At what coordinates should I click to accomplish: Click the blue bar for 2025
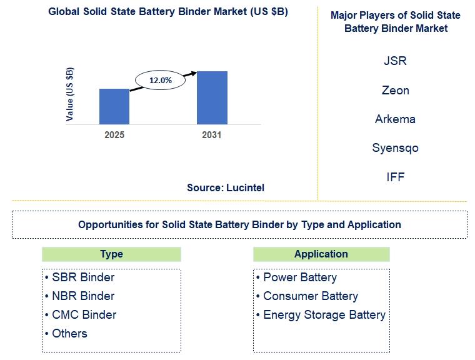114,106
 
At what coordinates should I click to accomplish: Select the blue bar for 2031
212,97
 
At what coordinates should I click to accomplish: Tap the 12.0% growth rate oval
160,80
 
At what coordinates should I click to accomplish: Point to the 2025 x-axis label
114,135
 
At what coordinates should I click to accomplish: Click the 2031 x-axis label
212,135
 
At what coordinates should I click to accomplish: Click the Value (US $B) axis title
69,94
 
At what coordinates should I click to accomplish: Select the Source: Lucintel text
226,187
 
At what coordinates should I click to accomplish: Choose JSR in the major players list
395,61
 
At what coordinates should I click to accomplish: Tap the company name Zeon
396,90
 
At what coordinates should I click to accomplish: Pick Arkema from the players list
395,119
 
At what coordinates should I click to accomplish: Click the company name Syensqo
396,148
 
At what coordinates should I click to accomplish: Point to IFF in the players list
396,177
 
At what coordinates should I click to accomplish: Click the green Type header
111,254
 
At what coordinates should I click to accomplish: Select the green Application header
321,254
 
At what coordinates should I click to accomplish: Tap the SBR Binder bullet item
79,277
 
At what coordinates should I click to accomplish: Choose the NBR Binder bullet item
79,296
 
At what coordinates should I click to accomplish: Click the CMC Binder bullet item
81,315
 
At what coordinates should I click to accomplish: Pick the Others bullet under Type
66,334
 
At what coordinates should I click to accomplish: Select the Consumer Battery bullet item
307,296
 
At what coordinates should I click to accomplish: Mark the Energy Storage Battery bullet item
321,315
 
